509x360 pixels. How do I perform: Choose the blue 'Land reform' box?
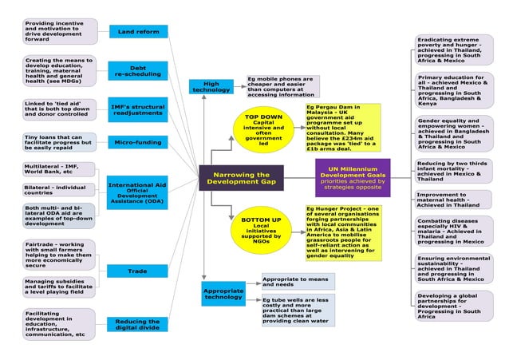[138, 32]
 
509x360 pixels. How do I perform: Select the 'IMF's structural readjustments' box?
[138, 108]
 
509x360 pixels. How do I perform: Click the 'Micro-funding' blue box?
[138, 143]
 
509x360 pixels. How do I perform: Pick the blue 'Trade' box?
[138, 271]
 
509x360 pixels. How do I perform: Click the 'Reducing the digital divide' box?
[138, 323]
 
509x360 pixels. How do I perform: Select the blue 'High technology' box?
[211, 86]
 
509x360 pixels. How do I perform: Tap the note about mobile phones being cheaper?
[282, 86]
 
